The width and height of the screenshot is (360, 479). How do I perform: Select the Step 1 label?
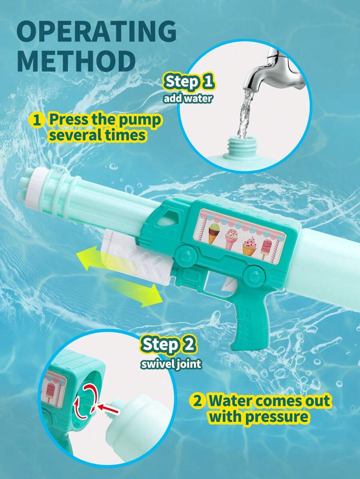[188, 82]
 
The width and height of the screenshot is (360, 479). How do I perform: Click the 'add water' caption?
[187, 99]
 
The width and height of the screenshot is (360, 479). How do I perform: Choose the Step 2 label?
[168, 345]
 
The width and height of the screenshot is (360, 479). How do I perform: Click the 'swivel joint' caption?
[171, 364]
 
